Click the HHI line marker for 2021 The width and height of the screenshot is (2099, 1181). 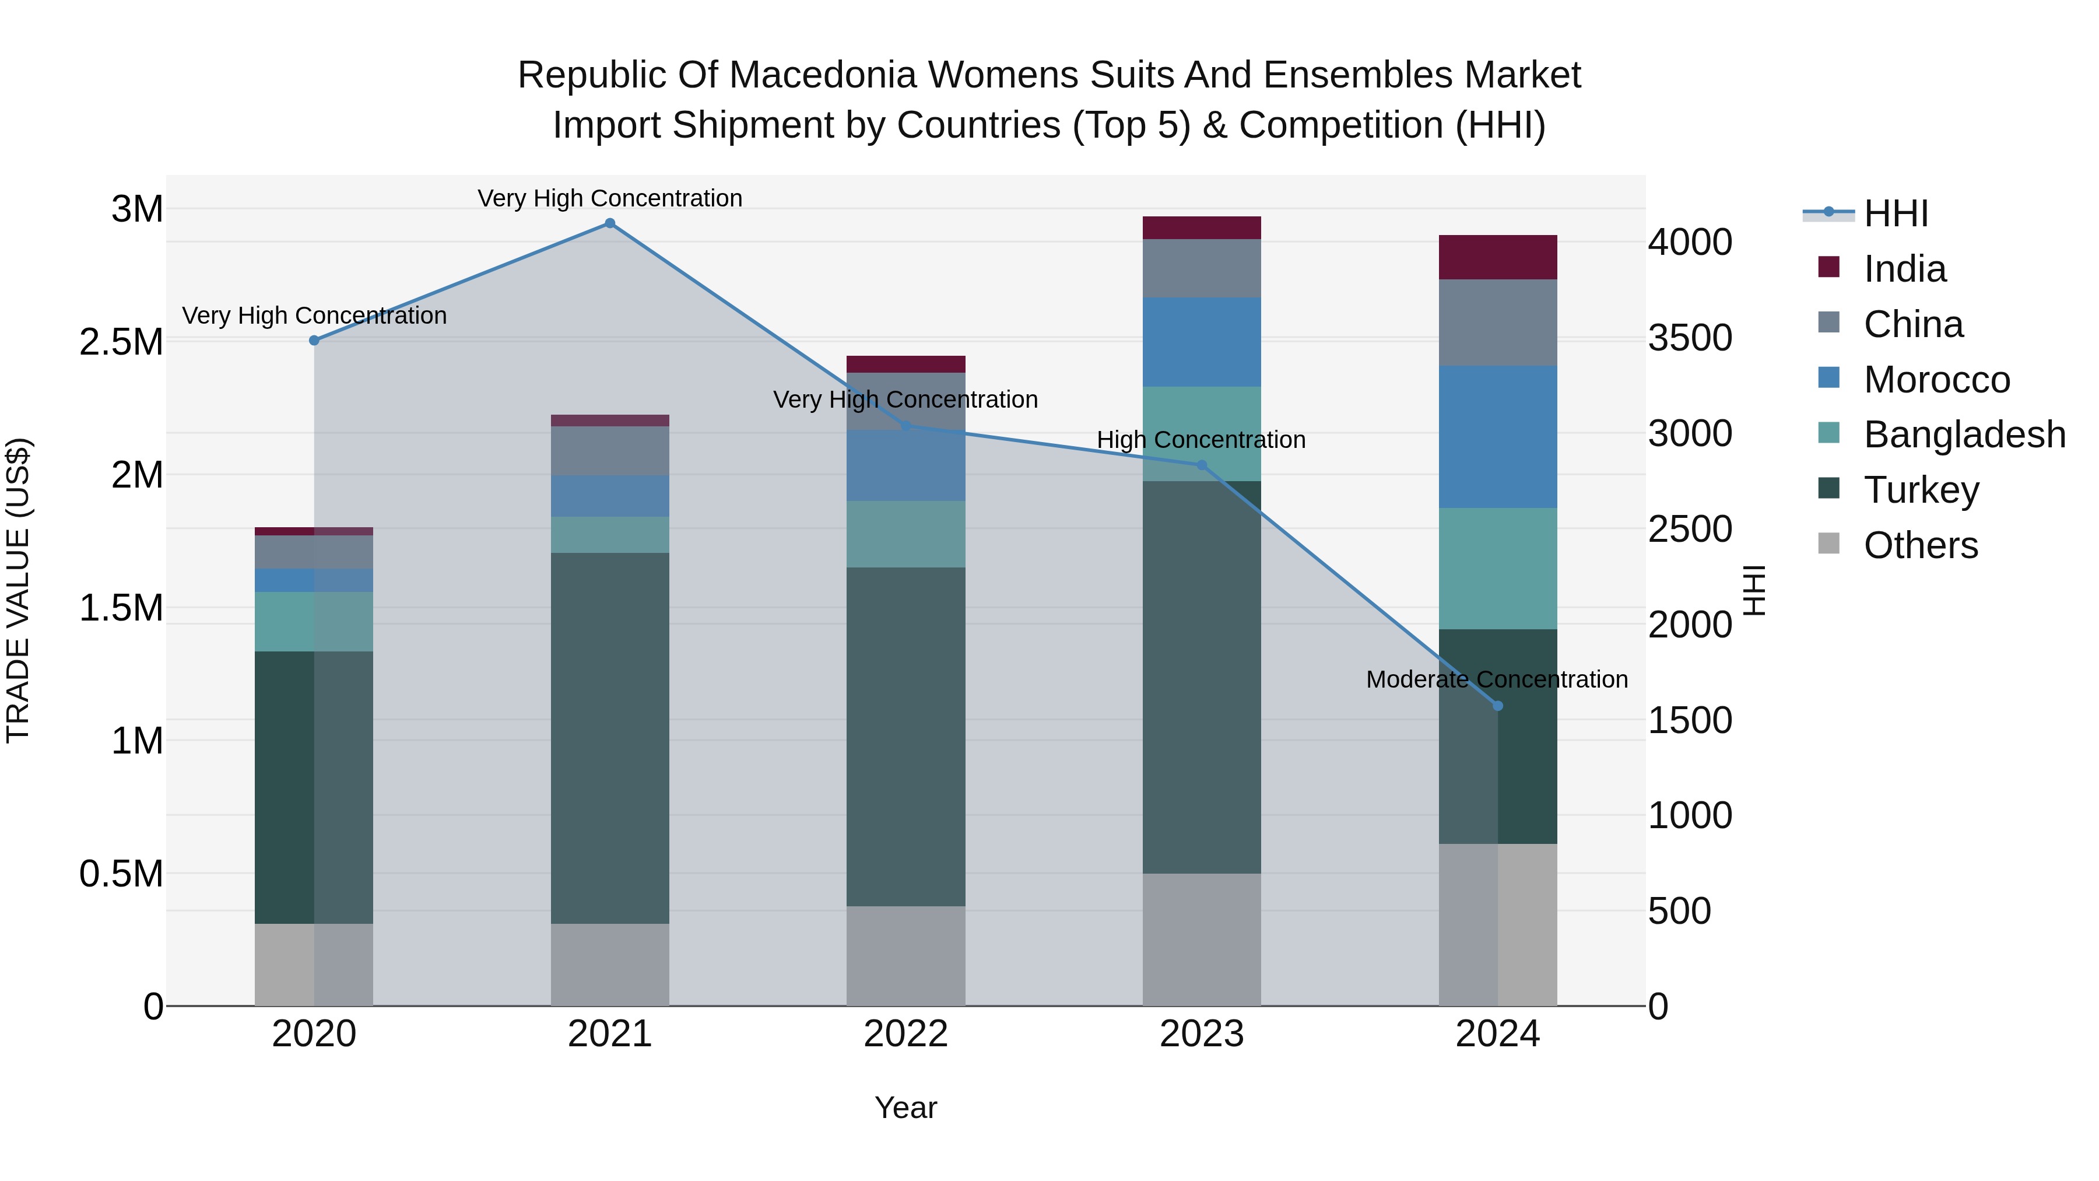point(609,223)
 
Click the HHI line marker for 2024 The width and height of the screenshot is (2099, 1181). point(1498,706)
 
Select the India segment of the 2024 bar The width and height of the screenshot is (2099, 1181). point(1498,258)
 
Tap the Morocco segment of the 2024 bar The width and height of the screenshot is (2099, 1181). point(1498,437)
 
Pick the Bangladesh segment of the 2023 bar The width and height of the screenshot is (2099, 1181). point(1201,424)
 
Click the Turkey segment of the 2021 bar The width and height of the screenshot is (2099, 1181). point(609,738)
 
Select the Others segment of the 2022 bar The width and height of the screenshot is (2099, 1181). point(905,955)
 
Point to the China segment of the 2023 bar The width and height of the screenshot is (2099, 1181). point(1201,268)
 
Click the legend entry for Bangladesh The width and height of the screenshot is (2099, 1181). point(1964,434)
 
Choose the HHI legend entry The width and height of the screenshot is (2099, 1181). point(1896,213)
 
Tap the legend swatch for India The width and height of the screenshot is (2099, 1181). point(1829,267)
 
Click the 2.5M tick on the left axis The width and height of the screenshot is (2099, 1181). point(121,342)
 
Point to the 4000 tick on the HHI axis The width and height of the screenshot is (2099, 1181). point(1689,243)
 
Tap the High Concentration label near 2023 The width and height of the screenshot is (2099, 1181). point(1201,440)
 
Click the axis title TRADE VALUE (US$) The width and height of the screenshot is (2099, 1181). point(18,590)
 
